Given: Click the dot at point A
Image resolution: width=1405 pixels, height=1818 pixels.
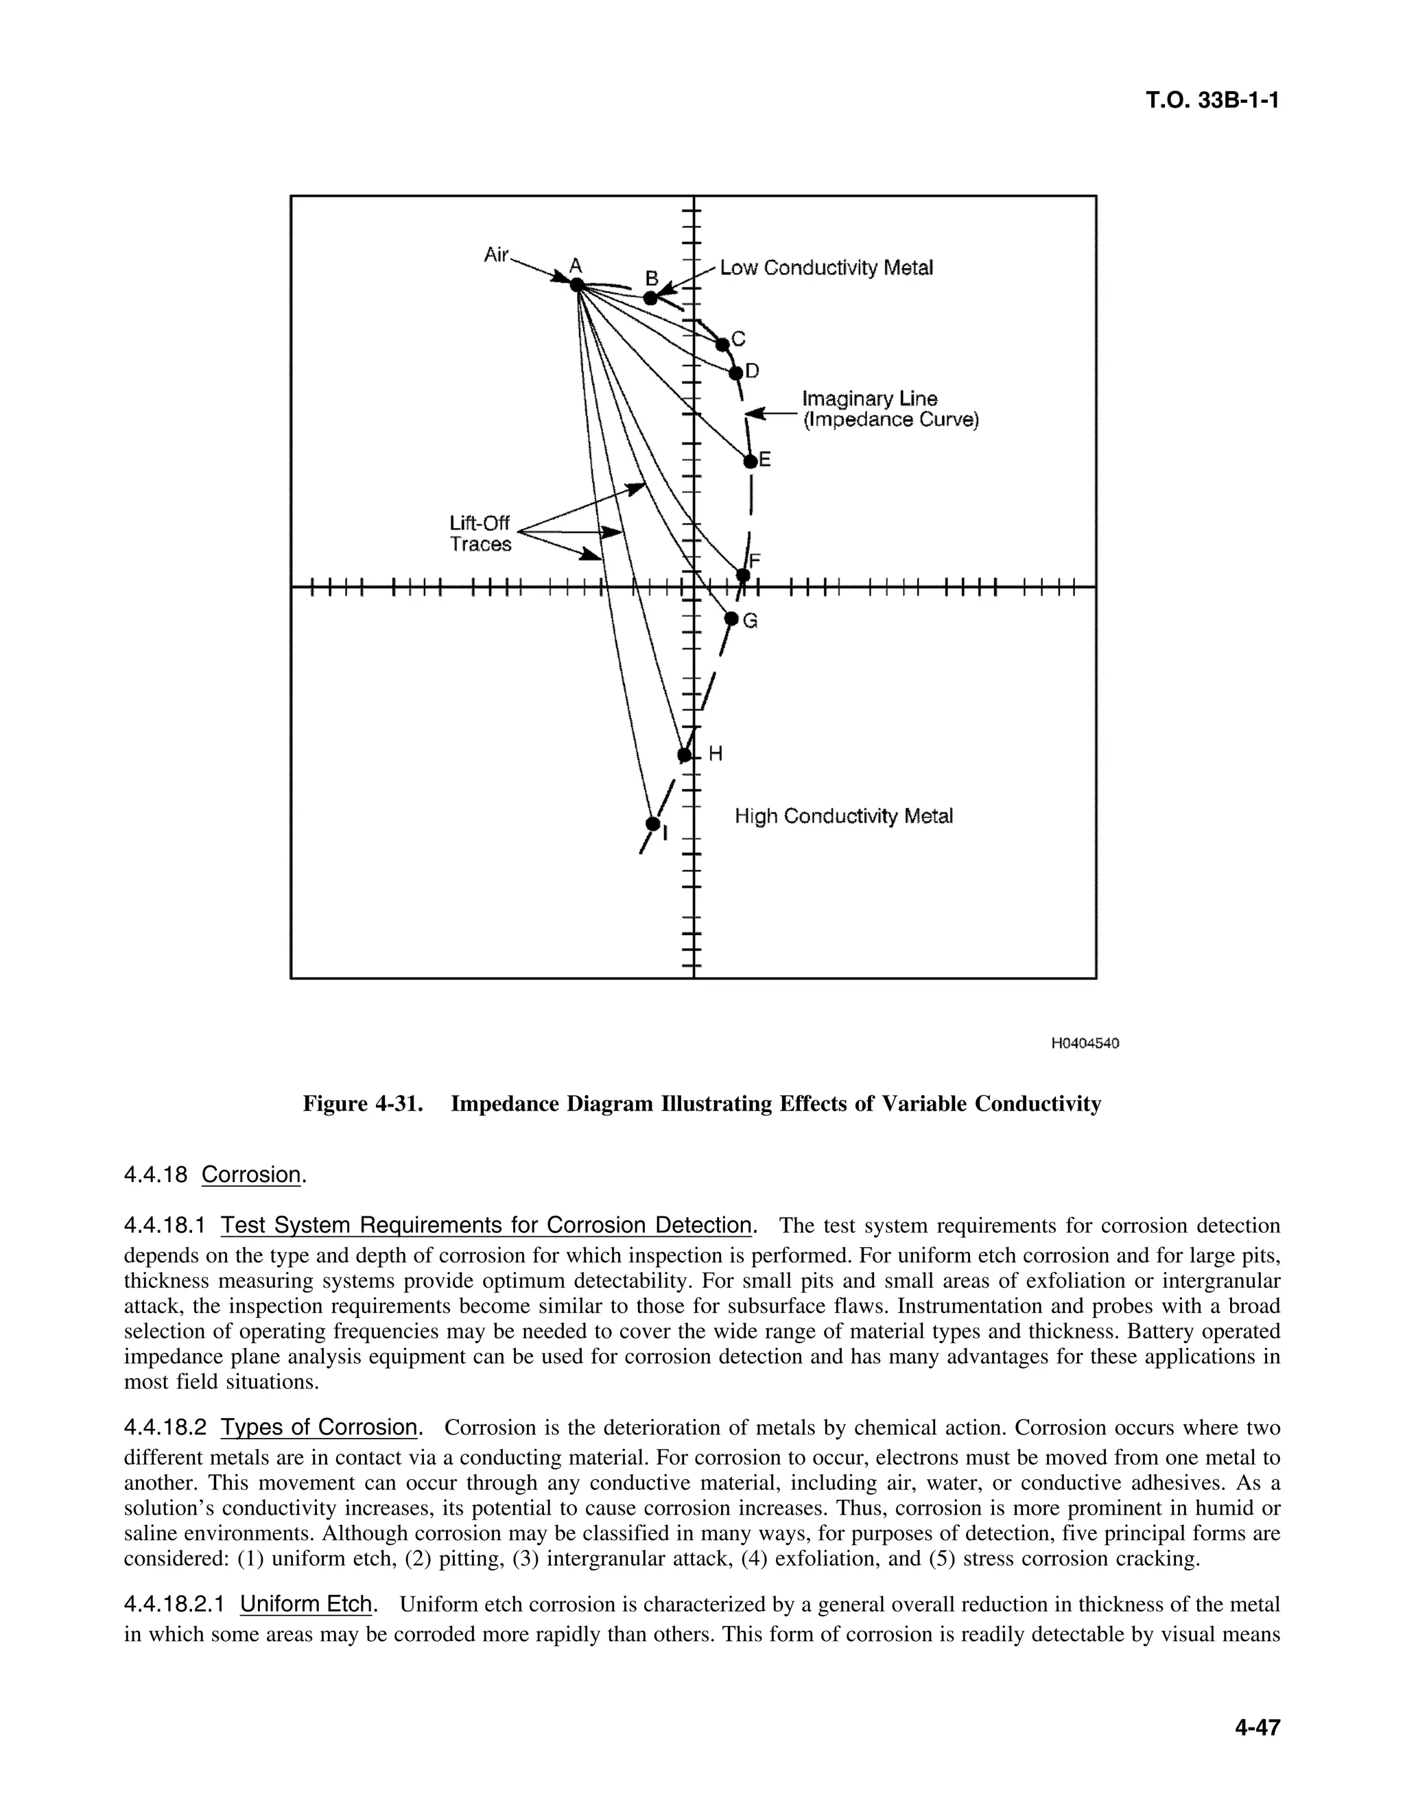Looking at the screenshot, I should (x=576, y=285).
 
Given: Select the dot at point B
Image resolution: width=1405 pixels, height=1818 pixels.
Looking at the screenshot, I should (x=651, y=298).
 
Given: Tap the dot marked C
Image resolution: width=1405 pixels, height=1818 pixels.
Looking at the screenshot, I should (x=722, y=344).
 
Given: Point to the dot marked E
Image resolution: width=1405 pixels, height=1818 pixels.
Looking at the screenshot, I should (x=750, y=460).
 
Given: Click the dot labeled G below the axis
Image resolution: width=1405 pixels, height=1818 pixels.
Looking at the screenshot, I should (x=731, y=619).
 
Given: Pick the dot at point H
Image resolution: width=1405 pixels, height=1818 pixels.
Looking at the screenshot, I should (x=684, y=755).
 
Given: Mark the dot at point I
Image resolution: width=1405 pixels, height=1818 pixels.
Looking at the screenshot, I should (x=652, y=824).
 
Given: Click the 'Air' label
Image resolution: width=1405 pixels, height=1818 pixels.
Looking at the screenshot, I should (x=496, y=255).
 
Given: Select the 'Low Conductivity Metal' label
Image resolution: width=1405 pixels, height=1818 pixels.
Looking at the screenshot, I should (x=826, y=268).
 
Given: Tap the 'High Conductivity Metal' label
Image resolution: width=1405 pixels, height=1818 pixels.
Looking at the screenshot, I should (x=843, y=816).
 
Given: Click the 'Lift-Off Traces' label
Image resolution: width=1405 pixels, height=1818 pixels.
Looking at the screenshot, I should (x=480, y=534).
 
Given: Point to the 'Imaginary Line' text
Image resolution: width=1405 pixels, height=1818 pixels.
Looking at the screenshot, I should (x=869, y=399).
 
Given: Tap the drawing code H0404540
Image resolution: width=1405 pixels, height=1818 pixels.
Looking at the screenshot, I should (x=1085, y=1043).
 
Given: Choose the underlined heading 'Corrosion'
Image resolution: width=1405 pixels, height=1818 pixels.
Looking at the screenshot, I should (x=250, y=1174).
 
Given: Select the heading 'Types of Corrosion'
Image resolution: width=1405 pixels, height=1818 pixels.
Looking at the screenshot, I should (x=319, y=1428).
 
